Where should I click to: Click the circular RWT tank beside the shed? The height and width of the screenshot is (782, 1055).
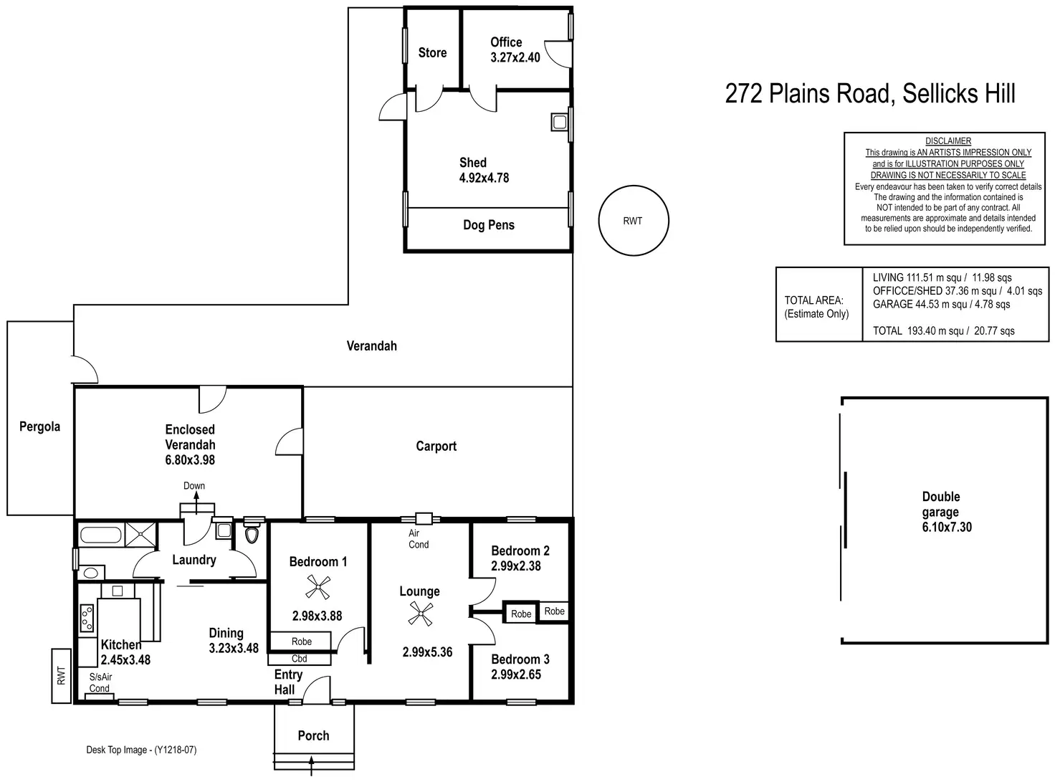coord(633,221)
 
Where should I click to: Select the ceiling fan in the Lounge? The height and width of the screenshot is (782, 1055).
coord(420,614)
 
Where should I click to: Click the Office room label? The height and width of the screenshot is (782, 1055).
coord(506,42)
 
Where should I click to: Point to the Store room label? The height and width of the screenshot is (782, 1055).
coord(432,52)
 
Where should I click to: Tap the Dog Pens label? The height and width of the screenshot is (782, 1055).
coord(489,225)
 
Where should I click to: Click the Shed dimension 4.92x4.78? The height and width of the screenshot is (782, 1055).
coord(484,178)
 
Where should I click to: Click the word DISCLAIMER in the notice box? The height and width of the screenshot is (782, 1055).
coord(947,141)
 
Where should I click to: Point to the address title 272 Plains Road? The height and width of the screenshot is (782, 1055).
coord(869,93)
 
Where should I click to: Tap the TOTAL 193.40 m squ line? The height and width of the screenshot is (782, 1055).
coord(943,330)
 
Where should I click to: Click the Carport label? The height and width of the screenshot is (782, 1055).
coord(436,446)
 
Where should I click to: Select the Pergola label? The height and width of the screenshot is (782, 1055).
coord(39,426)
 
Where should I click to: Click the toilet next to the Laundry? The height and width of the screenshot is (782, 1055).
coord(252,535)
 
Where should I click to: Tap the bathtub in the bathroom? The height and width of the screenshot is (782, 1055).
coord(100,534)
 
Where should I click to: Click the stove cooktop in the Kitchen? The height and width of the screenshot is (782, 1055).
coord(87,619)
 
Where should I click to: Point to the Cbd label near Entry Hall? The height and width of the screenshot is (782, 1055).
coord(300,659)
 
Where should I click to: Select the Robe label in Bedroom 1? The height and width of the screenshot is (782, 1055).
coord(301,642)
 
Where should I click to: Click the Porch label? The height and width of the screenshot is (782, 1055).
coord(313,735)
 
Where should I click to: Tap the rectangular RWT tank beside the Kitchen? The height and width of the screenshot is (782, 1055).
coord(61,675)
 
